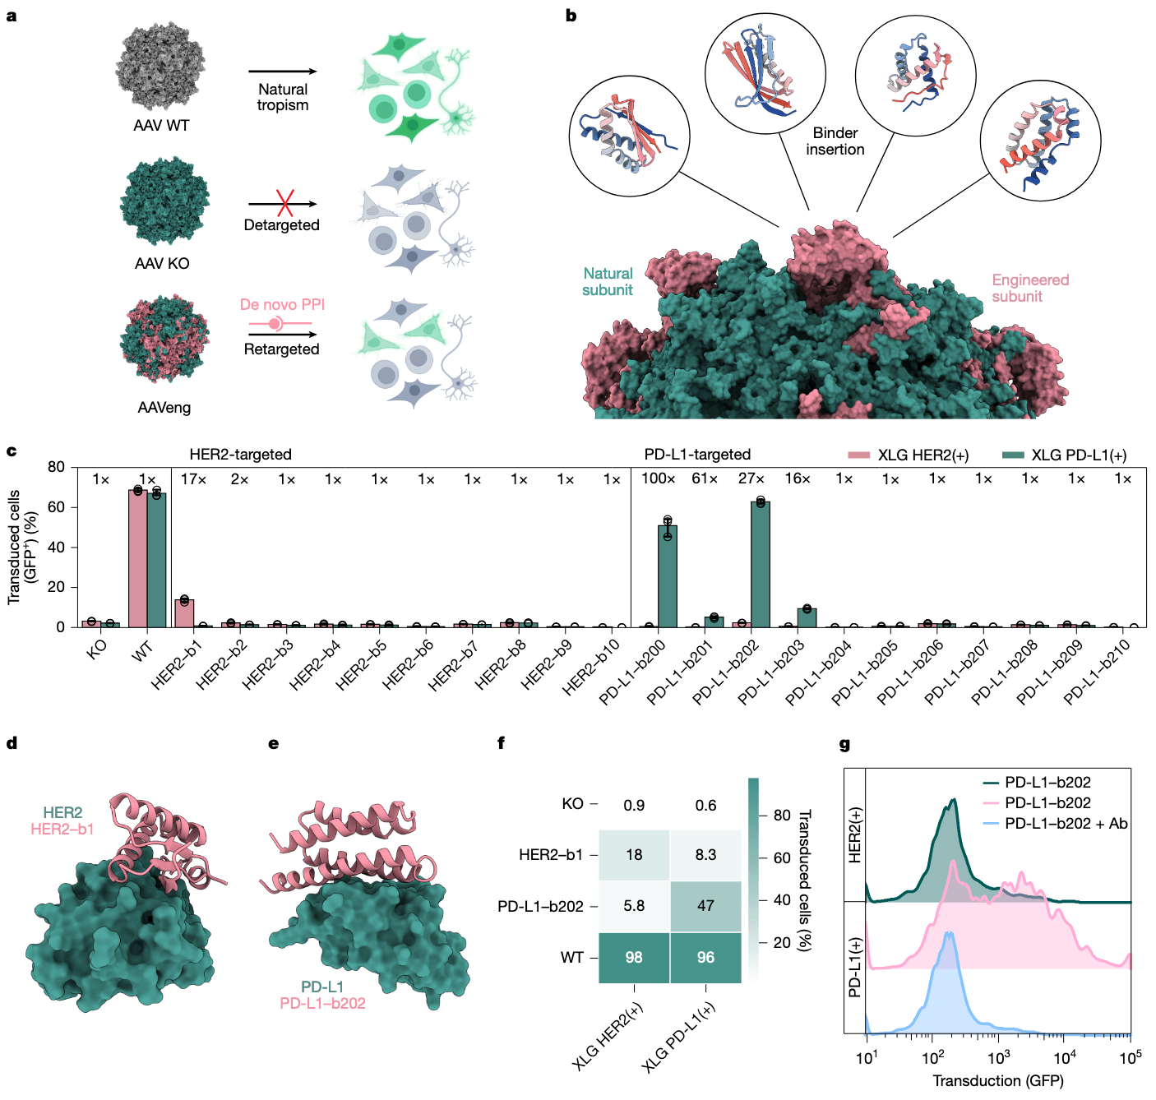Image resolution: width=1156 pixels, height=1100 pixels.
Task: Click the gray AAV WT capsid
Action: (160, 67)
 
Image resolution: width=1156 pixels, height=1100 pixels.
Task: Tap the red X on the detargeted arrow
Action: (284, 202)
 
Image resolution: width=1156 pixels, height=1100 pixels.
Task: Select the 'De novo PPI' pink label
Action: (282, 304)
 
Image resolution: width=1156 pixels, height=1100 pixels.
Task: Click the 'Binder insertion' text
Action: (835, 141)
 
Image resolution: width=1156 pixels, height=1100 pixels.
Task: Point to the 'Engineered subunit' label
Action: (1029, 288)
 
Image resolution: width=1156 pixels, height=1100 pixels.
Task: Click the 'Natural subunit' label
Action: (608, 281)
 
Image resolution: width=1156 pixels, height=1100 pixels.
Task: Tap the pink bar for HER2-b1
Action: (184, 613)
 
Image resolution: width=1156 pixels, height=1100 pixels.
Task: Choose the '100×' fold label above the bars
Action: (659, 478)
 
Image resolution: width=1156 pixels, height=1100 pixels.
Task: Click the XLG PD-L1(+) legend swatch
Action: (1013, 455)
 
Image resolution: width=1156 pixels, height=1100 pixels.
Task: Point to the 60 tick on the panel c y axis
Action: (56, 507)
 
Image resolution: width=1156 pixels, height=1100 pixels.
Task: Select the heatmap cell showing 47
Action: (705, 906)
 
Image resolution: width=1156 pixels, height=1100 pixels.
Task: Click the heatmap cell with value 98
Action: (634, 958)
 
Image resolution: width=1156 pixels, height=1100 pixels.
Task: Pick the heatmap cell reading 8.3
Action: (705, 855)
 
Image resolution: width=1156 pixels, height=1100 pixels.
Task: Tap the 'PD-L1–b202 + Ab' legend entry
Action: (1066, 824)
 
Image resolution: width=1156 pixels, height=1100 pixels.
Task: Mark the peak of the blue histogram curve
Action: (949, 933)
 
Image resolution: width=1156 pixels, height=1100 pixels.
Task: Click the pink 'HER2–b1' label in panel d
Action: (62, 829)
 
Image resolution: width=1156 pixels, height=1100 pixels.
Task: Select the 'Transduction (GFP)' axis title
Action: (998, 1080)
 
